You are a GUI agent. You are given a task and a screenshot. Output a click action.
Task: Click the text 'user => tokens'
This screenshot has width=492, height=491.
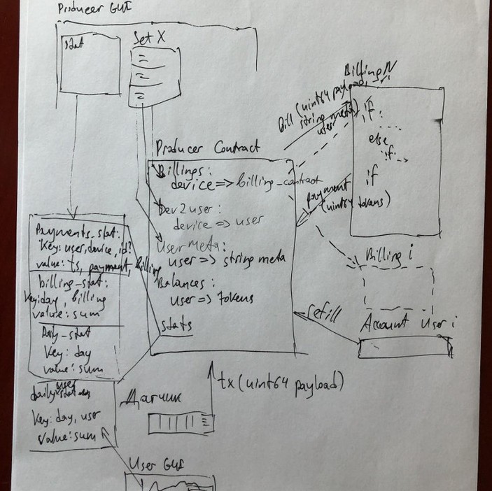point(212,299)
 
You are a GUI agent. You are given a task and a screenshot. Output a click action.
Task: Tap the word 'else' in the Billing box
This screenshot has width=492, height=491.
point(378,140)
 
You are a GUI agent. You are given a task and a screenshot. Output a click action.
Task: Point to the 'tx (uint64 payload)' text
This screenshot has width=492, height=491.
point(280,383)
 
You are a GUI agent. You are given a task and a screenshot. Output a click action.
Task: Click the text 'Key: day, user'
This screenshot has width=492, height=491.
point(66,417)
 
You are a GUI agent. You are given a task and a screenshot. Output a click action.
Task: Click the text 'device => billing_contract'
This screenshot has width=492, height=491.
point(238,184)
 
